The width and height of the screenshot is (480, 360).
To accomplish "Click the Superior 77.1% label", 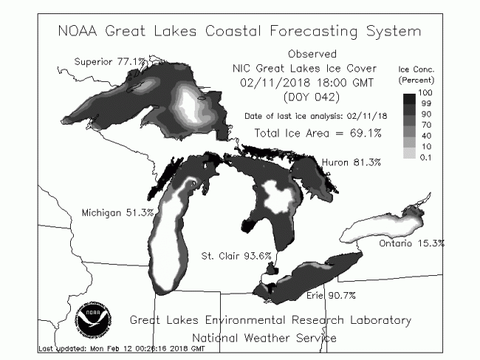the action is (109, 62).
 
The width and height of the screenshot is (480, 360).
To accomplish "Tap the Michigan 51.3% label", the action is (117, 212).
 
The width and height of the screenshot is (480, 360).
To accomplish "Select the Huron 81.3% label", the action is (352, 162).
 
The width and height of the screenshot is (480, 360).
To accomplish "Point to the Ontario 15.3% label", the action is (412, 243).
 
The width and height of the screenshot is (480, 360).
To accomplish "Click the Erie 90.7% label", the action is (331, 296).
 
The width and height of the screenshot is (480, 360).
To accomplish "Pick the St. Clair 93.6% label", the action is (236, 255).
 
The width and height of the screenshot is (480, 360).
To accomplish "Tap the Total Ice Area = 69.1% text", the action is (318, 134).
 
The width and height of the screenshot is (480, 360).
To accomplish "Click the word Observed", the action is (312, 54).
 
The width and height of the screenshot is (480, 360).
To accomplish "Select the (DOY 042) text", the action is (312, 97).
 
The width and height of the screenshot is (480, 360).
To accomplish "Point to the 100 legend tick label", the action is (425, 93).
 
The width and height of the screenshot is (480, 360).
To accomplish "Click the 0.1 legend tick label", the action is (425, 158).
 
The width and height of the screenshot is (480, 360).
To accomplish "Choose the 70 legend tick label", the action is (426, 125).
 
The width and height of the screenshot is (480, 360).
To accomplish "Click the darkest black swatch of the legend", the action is (409, 99).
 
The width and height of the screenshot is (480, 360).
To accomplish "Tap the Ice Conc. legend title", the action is (416, 69).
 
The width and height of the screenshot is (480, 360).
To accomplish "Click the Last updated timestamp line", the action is (122, 348).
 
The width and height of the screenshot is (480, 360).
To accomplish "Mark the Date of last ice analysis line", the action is (315, 117).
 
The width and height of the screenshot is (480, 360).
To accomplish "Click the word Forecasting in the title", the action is (314, 32).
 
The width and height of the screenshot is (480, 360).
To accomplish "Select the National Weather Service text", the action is (264, 338).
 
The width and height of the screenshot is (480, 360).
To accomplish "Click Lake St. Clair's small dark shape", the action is (272, 269).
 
